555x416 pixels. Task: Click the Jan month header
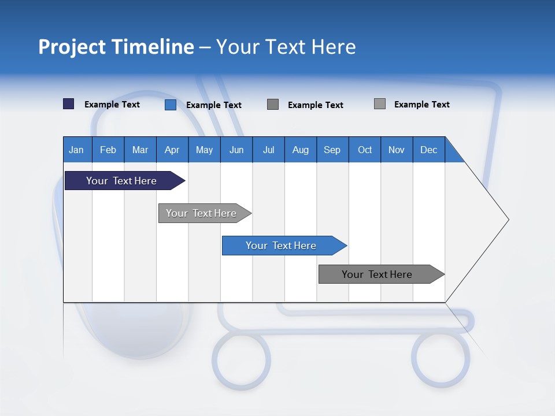pos(77,150)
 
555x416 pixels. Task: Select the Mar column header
pos(140,150)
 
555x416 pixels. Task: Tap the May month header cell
pos(204,150)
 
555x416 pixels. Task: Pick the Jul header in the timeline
pos(268,150)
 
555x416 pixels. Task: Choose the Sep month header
pos(332,150)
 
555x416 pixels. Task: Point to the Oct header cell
pos(365,150)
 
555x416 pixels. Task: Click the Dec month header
pos(428,150)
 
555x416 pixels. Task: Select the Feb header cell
pos(108,150)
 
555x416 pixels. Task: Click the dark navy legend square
pos(69,104)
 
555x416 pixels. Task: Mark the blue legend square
pos(171,105)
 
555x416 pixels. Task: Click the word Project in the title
pos(72,47)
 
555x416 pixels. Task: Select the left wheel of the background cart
pos(240,358)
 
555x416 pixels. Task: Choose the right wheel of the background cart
pos(441,358)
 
